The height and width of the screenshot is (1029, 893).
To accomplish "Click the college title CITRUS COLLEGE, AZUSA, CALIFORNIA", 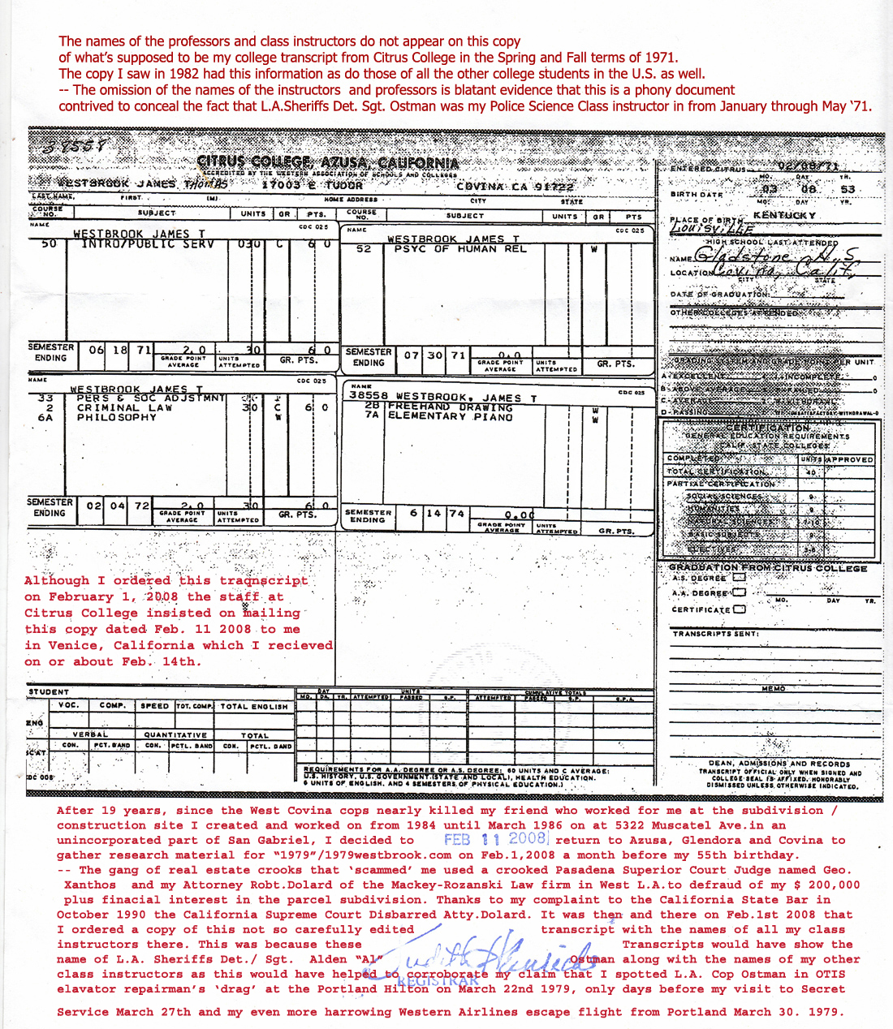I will pyautogui.click(x=328, y=162).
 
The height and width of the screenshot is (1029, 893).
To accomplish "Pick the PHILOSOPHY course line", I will pyautogui.click(x=116, y=418).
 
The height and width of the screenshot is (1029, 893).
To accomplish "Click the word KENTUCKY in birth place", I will pyautogui.click(x=783, y=216).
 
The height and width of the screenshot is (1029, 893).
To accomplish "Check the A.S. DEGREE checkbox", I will pyautogui.click(x=739, y=578).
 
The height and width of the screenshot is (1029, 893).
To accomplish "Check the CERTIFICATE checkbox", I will pyautogui.click(x=739, y=609).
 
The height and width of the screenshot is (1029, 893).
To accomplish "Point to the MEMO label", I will pyautogui.click(x=773, y=689).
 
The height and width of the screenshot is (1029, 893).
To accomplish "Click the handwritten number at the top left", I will pyautogui.click(x=78, y=147).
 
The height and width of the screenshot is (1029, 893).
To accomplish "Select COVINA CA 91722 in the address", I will pyautogui.click(x=515, y=187).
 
